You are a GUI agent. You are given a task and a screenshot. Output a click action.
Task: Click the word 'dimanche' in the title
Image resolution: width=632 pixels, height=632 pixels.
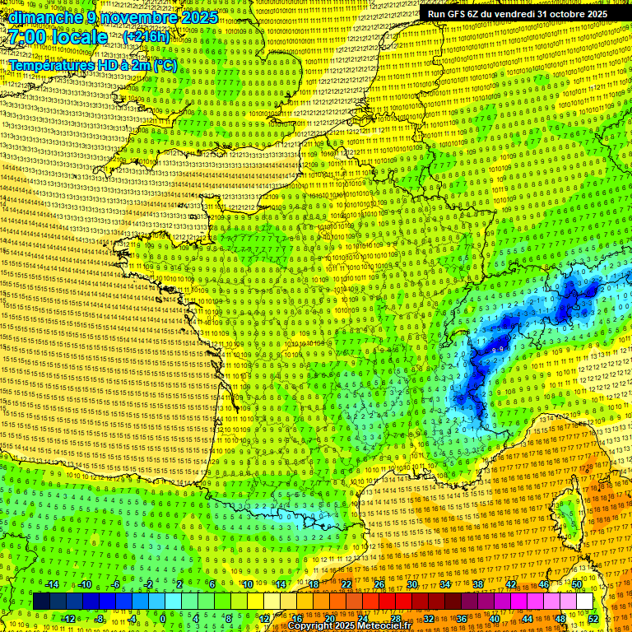point(42,17)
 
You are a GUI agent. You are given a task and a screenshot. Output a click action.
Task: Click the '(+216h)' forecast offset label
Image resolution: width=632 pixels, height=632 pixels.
point(146,37)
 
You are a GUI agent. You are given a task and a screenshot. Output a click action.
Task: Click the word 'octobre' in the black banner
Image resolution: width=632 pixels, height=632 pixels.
point(550,14)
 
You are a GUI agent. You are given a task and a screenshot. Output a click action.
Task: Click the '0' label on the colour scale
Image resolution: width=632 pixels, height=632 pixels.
point(163,619)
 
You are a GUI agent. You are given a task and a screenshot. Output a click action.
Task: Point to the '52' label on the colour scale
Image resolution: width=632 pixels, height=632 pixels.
point(593,619)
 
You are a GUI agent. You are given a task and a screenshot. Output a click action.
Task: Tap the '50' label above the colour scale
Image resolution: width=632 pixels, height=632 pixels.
point(577,584)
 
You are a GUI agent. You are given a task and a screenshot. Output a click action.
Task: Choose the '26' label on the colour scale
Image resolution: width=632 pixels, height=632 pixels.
point(379,584)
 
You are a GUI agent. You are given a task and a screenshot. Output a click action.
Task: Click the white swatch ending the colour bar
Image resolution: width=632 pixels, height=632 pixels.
point(584,602)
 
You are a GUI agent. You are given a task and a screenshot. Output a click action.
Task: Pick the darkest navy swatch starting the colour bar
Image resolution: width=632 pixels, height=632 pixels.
point(41,602)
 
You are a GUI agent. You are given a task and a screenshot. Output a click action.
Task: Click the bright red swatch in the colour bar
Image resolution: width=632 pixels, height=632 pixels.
point(387,602)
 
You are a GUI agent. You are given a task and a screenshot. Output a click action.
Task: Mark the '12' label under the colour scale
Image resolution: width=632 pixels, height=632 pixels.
point(265,619)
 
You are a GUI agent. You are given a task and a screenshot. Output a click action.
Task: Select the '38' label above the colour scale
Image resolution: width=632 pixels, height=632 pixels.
point(478,584)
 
